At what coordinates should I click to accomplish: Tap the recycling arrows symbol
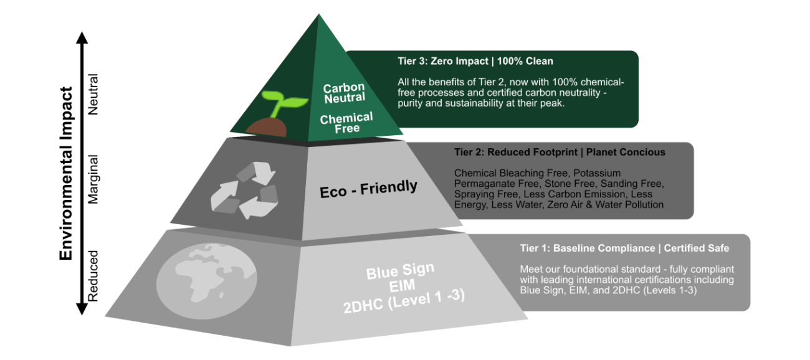click(x=244, y=191)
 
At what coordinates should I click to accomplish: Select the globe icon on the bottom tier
click(x=207, y=281)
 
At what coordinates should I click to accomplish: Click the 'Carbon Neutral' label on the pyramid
click(x=344, y=93)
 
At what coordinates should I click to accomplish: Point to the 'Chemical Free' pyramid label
click(x=346, y=123)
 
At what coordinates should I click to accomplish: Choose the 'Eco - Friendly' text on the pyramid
click(x=368, y=189)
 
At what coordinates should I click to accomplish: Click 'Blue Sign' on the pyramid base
click(x=400, y=271)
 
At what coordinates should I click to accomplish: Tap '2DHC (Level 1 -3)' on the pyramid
click(x=404, y=301)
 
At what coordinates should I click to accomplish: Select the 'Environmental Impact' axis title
click(x=66, y=174)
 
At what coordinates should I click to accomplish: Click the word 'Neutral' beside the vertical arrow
click(x=93, y=95)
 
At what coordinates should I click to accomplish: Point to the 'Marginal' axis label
click(x=93, y=179)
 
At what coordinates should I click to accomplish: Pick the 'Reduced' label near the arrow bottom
click(x=93, y=276)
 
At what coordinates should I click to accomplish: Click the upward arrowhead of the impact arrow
click(x=82, y=37)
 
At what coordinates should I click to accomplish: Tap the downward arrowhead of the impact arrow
click(x=82, y=309)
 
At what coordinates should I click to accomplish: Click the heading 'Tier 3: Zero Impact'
click(x=443, y=61)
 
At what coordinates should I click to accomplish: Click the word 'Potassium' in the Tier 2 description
click(x=597, y=173)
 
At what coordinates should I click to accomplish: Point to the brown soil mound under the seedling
click(x=266, y=127)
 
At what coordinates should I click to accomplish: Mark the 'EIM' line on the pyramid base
click(x=402, y=286)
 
